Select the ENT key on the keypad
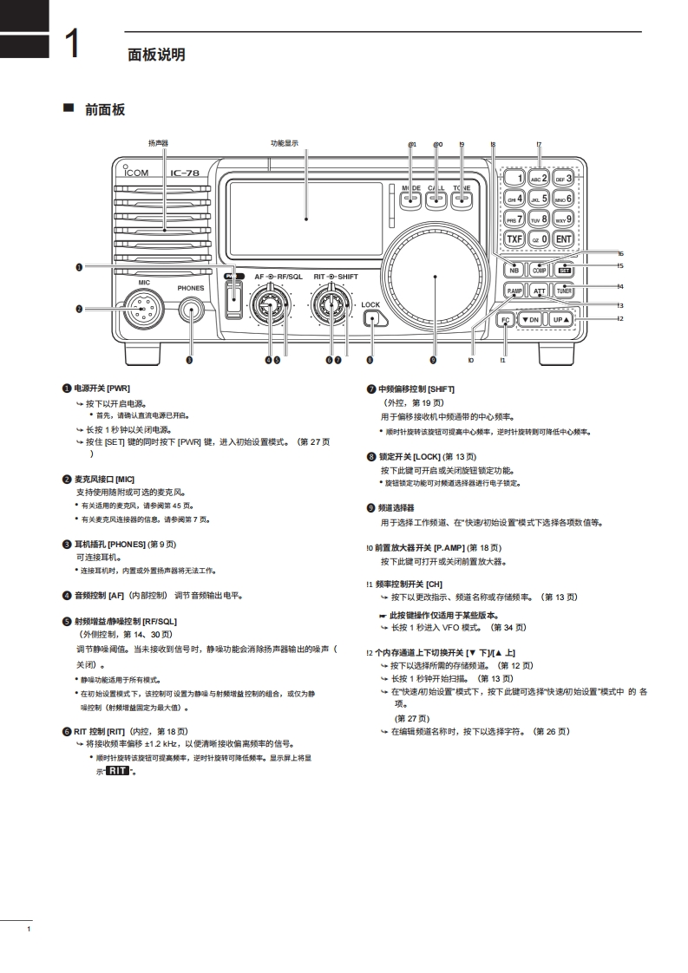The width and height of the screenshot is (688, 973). click(x=563, y=238)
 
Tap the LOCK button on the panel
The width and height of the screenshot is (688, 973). click(x=372, y=318)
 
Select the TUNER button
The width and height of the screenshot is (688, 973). click(x=563, y=291)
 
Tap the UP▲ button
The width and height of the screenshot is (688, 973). click(x=562, y=320)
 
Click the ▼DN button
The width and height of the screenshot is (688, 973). click(x=529, y=320)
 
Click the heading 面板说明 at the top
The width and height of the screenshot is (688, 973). click(x=156, y=55)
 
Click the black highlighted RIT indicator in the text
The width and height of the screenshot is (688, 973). click(x=116, y=770)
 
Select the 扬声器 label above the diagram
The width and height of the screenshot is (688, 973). click(x=158, y=143)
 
